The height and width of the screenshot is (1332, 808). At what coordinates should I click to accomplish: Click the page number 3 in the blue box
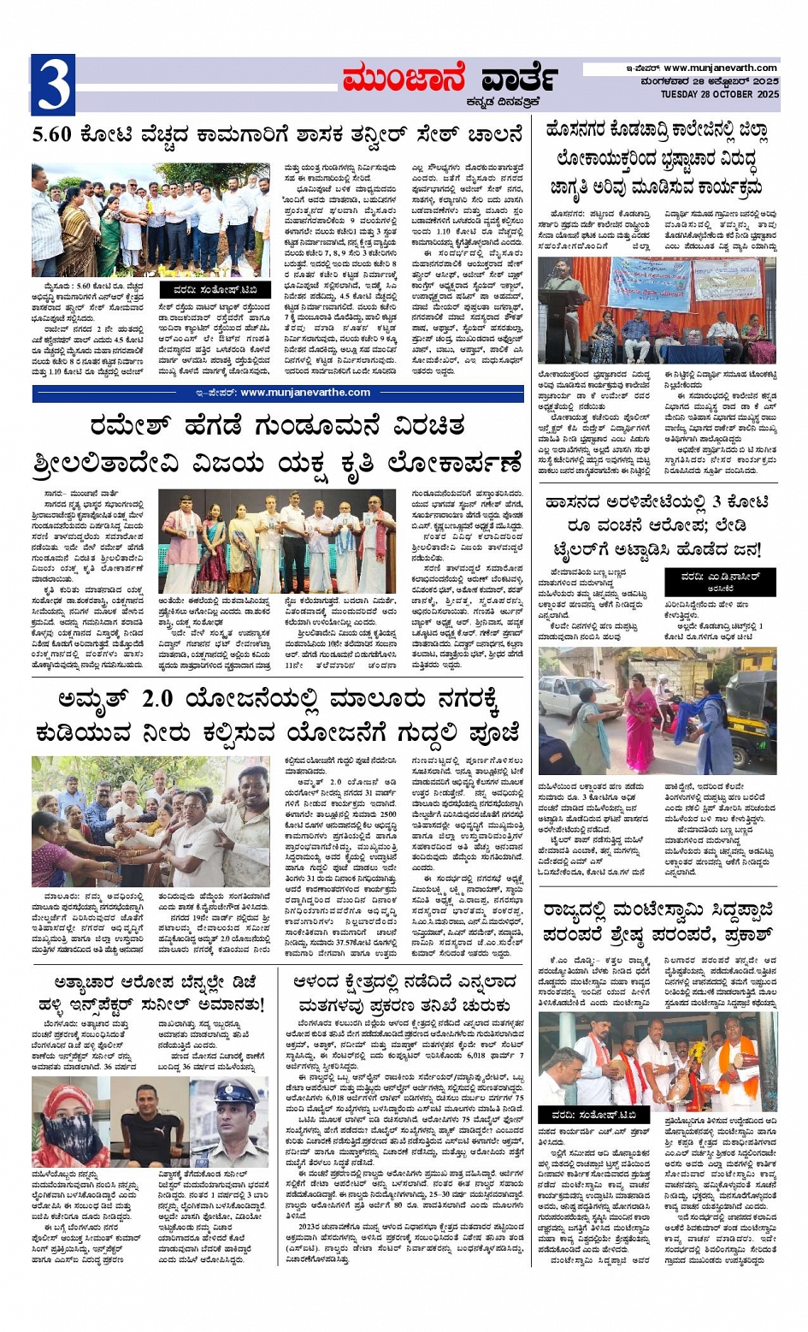[x=53, y=86]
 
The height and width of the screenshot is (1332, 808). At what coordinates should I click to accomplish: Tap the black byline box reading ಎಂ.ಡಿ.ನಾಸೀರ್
[x=720, y=582]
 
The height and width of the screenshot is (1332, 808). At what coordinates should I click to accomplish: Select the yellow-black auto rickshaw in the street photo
[x=752, y=702]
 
